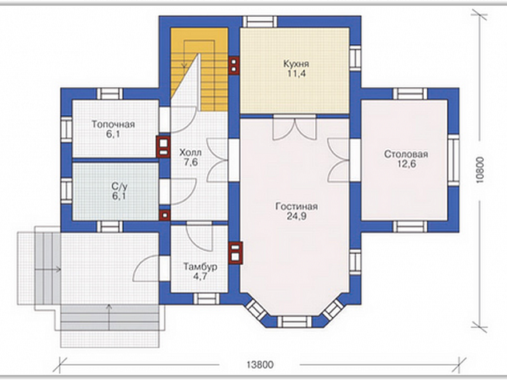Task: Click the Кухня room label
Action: (x=296, y=63)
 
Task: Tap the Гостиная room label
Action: (x=297, y=206)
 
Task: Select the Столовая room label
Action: (x=406, y=154)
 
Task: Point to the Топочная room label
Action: (x=114, y=125)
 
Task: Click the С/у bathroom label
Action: (x=119, y=187)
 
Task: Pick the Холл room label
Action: (x=190, y=152)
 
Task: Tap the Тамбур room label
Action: (x=200, y=267)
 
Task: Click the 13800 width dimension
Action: (x=260, y=365)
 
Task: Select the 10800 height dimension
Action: (x=480, y=171)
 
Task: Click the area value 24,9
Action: (x=297, y=216)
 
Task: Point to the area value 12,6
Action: (x=406, y=164)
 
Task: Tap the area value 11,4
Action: (x=296, y=73)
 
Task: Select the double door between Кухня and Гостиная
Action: (x=294, y=128)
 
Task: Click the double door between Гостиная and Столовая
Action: (x=339, y=160)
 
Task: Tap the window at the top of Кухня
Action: (x=260, y=22)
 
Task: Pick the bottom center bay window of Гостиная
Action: (x=294, y=322)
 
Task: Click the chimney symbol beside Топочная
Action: (x=164, y=147)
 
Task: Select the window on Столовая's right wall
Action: (x=453, y=160)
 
